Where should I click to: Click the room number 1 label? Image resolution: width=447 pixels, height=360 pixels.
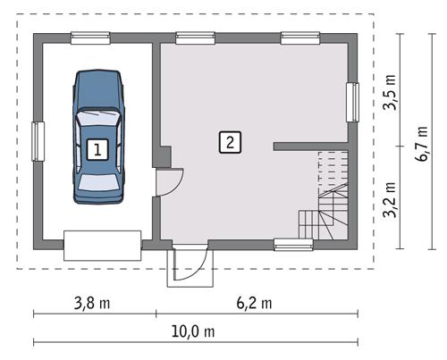click(x=97, y=149)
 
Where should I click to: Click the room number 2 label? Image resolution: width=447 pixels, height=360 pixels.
click(x=230, y=140)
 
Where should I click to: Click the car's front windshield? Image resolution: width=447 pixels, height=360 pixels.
click(x=97, y=119)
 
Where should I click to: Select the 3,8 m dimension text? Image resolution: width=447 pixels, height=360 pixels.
click(x=92, y=303)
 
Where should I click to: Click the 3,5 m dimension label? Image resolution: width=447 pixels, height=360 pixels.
click(x=391, y=93)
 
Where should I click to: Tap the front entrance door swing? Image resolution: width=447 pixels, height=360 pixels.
click(x=190, y=264)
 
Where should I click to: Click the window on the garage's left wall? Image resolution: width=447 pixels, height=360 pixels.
click(x=38, y=140)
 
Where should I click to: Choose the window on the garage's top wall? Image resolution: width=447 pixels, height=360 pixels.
click(x=90, y=38)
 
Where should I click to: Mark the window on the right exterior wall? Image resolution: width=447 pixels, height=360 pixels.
click(x=352, y=101)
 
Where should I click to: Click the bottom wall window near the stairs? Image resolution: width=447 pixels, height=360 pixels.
click(x=293, y=243)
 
